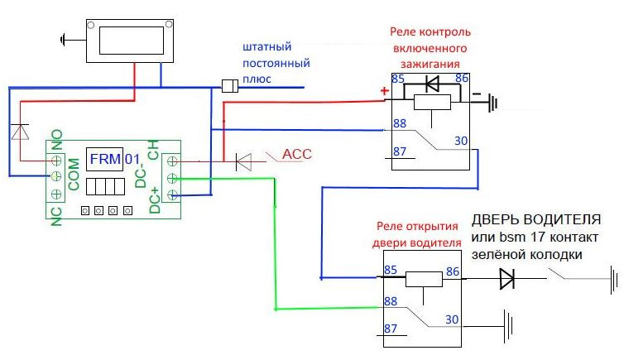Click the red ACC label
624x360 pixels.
296,155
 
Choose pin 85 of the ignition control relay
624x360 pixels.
397,79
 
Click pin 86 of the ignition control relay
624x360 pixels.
461,79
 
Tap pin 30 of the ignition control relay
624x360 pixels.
460,142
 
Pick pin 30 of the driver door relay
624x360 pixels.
451,319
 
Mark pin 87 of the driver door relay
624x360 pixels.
391,329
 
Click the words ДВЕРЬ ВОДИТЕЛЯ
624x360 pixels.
535,220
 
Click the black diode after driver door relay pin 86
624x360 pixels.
506,280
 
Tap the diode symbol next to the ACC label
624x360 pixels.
243,161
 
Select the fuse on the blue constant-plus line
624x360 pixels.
232,84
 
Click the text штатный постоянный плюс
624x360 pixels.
276,63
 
